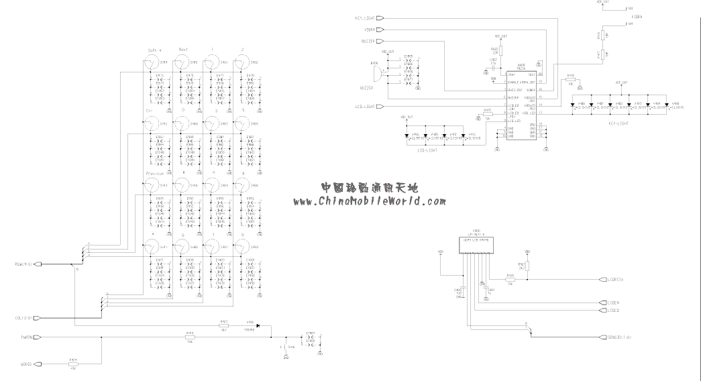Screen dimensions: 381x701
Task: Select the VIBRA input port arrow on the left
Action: click(x=380, y=30)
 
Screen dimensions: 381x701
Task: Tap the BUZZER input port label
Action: click(x=368, y=41)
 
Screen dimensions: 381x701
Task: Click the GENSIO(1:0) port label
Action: click(x=619, y=337)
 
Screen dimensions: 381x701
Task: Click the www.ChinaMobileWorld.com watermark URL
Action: click(x=369, y=201)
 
